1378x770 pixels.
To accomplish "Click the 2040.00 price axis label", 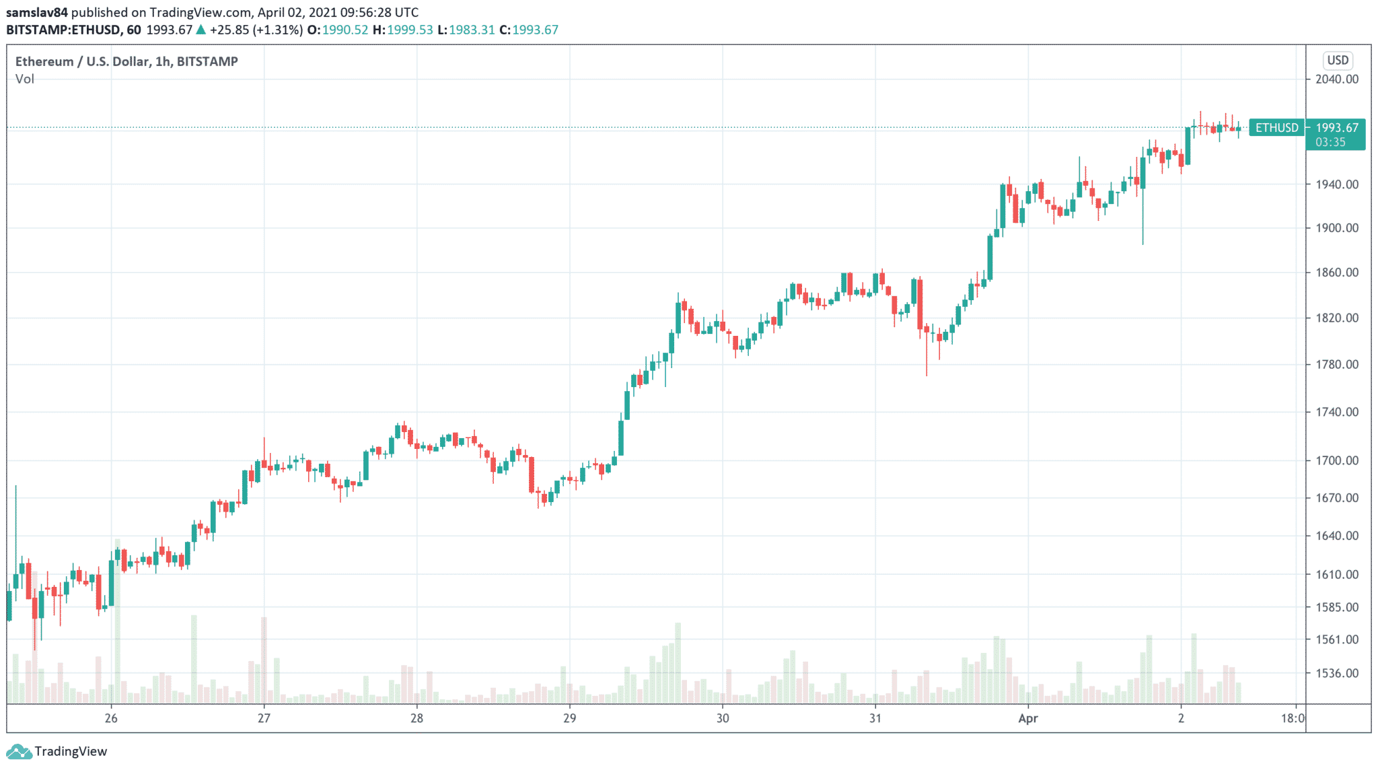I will click(1336, 79).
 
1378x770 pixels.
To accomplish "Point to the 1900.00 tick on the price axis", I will click(1336, 228).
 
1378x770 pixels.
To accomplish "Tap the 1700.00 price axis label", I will click(1336, 460).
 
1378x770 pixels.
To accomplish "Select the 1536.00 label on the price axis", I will click(1336, 673).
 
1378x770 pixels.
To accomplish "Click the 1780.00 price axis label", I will click(1336, 364).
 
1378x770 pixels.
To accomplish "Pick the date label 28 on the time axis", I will click(416, 718).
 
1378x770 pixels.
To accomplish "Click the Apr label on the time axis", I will click(1027, 718).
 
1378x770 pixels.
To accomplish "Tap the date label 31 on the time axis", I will click(875, 718).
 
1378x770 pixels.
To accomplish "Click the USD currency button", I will click(1338, 60).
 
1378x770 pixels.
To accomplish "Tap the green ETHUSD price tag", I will click(1276, 127).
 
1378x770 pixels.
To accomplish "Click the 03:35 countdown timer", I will click(1330, 142).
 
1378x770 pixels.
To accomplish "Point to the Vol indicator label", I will click(25, 79).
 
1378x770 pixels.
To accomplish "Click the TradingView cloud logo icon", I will click(18, 751).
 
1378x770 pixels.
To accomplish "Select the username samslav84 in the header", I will click(37, 12).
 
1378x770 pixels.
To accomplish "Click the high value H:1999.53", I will click(402, 30).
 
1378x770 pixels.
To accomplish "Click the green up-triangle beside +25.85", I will click(201, 30).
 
